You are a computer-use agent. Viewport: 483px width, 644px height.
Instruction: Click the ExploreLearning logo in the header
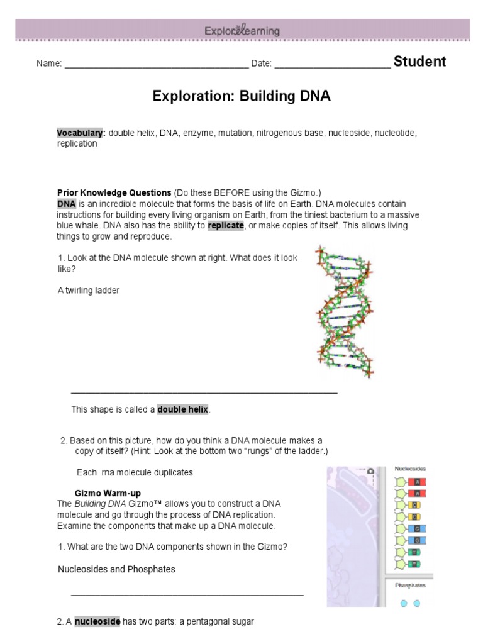click(241, 30)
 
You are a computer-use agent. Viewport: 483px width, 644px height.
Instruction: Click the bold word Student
click(419, 62)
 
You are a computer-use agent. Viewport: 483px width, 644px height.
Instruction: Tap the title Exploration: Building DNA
click(241, 97)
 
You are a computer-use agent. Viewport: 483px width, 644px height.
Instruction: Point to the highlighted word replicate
click(225, 226)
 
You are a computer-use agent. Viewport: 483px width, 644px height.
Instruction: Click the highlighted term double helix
click(182, 409)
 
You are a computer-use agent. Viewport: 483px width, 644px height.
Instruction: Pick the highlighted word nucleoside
click(97, 621)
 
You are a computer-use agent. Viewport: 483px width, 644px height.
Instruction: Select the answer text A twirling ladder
click(88, 291)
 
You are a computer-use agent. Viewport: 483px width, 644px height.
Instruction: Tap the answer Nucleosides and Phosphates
click(116, 569)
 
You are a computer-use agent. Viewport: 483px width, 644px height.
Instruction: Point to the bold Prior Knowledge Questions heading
click(114, 192)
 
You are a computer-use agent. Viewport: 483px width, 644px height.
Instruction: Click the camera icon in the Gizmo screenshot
click(371, 471)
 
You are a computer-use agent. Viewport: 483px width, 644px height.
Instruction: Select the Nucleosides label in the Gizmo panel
click(410, 469)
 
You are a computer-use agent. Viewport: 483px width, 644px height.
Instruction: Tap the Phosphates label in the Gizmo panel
click(410, 586)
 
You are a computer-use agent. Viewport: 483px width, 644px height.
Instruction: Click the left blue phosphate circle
click(404, 603)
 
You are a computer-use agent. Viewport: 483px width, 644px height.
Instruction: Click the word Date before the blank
click(260, 64)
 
